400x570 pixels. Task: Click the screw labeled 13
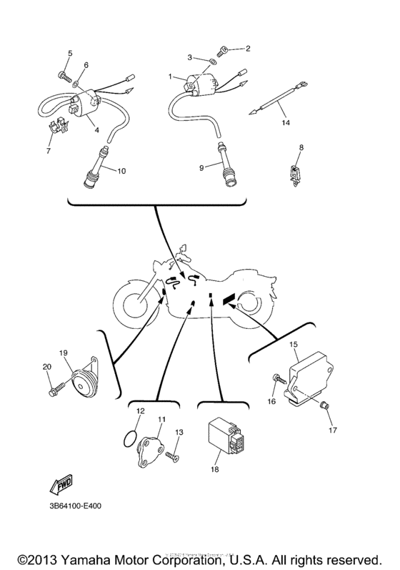171,453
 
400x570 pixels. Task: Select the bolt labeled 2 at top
223,50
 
